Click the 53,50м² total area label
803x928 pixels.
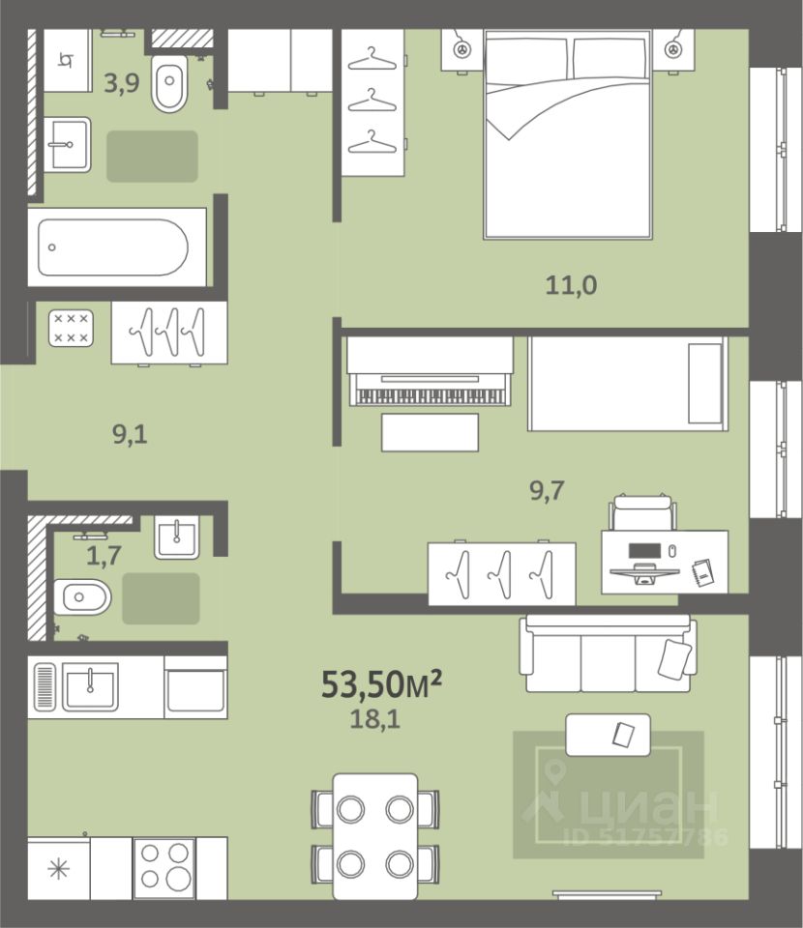(381, 683)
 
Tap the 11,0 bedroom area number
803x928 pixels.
(571, 285)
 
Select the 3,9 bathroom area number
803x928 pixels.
(121, 83)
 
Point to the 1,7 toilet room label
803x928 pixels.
(104, 555)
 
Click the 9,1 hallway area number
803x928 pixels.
(130, 434)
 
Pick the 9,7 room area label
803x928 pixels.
(547, 490)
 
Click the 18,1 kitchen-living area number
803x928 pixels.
(375, 719)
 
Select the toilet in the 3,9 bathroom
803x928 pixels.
(169, 83)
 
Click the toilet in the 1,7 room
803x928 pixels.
(82, 597)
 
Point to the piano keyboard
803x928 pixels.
(430, 396)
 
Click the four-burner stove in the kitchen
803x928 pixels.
(164, 868)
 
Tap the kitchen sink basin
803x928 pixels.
(90, 686)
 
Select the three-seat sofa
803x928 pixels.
(608, 653)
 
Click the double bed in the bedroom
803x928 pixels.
(568, 134)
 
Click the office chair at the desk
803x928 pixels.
(643, 512)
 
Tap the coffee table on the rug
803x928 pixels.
(609, 735)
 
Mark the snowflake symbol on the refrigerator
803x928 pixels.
(59, 869)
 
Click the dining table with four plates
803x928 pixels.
(375, 836)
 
